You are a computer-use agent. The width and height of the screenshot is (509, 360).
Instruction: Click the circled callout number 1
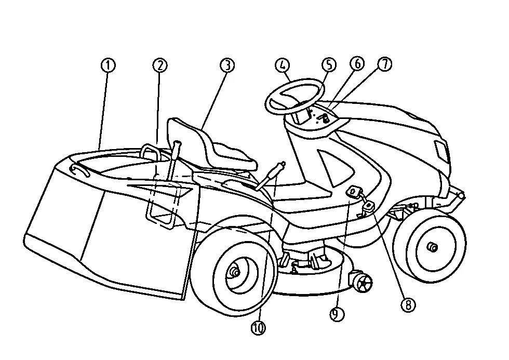click(108, 65)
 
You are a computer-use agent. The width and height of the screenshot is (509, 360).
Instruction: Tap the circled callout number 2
click(160, 65)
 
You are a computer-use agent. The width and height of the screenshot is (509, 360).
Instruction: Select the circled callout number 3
click(227, 65)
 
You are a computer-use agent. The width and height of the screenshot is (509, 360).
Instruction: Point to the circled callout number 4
click(282, 65)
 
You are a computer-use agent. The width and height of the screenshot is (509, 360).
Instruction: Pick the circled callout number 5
click(329, 64)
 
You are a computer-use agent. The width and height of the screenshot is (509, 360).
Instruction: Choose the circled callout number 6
click(357, 63)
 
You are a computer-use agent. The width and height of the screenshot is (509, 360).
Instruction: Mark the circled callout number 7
click(385, 64)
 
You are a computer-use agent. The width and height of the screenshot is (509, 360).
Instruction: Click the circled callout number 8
click(408, 305)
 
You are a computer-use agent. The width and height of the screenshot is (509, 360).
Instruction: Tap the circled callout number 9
click(337, 314)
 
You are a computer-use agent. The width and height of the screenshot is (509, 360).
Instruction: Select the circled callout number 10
click(259, 328)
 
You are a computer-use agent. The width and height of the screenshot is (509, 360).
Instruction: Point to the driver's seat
click(211, 146)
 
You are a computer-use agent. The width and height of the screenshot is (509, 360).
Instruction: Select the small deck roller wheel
click(360, 283)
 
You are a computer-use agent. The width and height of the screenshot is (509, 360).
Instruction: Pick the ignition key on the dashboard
click(325, 119)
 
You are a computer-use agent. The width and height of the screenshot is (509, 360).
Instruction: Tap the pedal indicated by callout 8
click(368, 206)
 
